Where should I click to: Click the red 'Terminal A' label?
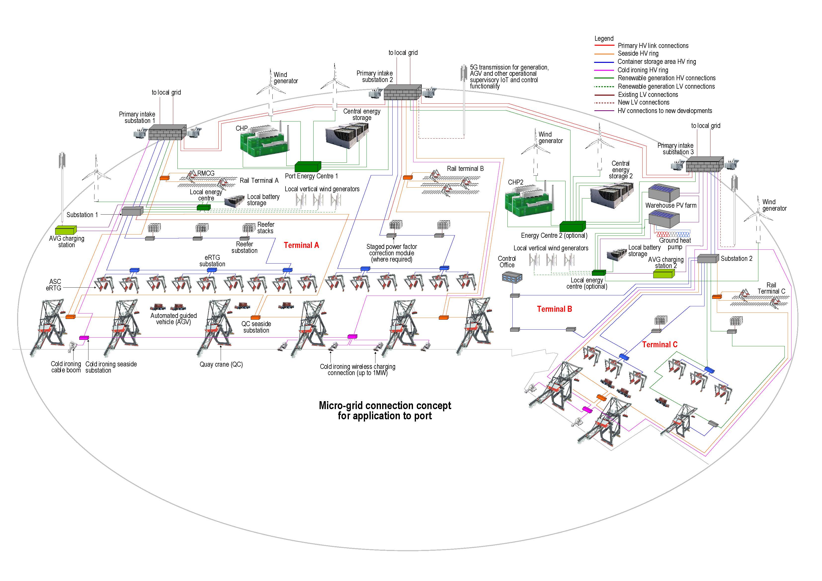pos(301,245)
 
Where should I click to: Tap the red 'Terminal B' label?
pos(554,309)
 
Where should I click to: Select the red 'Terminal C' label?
pos(659,344)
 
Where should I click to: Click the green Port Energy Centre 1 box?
pos(308,166)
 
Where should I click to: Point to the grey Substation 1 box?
pos(132,211)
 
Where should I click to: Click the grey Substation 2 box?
pos(708,259)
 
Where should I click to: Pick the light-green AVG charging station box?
pos(66,230)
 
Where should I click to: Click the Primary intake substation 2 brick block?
pos(402,92)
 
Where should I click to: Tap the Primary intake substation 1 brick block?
pos(167,132)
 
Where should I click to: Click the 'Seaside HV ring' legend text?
pos(638,54)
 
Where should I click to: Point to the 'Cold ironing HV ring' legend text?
pos(643,70)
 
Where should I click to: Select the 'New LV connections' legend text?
pos(643,102)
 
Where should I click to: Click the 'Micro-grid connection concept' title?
pos(385,406)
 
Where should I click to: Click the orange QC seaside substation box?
pos(255,317)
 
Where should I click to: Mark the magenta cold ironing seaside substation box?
pos(84,338)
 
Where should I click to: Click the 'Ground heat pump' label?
pos(675,244)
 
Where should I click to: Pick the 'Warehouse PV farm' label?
pos(671,205)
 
